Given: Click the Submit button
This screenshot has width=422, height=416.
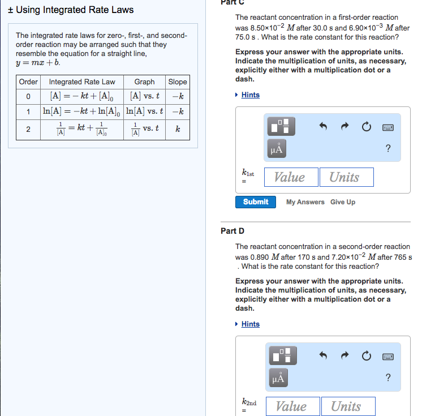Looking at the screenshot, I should click(x=255, y=202).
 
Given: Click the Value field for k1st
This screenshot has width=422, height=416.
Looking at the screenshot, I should click(x=289, y=177).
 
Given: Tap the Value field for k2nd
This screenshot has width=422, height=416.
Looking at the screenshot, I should click(x=291, y=406).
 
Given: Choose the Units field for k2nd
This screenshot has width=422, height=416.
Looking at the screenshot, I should click(x=346, y=406).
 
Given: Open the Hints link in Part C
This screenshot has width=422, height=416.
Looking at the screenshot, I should click(x=250, y=95).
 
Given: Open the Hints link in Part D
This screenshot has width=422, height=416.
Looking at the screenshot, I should click(x=250, y=324).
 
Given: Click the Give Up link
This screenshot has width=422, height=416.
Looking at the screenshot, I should click(x=343, y=202).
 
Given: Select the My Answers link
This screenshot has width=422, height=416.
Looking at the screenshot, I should click(x=305, y=202).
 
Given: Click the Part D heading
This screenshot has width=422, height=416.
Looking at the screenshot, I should click(x=232, y=231).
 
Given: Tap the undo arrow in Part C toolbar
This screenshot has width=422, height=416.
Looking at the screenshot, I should click(x=323, y=127).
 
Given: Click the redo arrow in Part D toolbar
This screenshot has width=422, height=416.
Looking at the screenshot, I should click(x=345, y=356).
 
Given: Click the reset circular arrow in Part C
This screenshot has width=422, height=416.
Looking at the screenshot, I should click(x=366, y=127).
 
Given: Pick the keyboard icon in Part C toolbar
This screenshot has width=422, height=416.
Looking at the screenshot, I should click(x=388, y=127).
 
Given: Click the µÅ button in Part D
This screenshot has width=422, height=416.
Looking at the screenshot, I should click(x=277, y=376).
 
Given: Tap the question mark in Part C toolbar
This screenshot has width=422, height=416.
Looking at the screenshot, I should click(x=387, y=149).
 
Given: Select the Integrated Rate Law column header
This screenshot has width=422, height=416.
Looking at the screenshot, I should click(x=82, y=82).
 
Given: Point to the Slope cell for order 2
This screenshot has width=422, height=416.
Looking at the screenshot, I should click(x=178, y=129).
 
